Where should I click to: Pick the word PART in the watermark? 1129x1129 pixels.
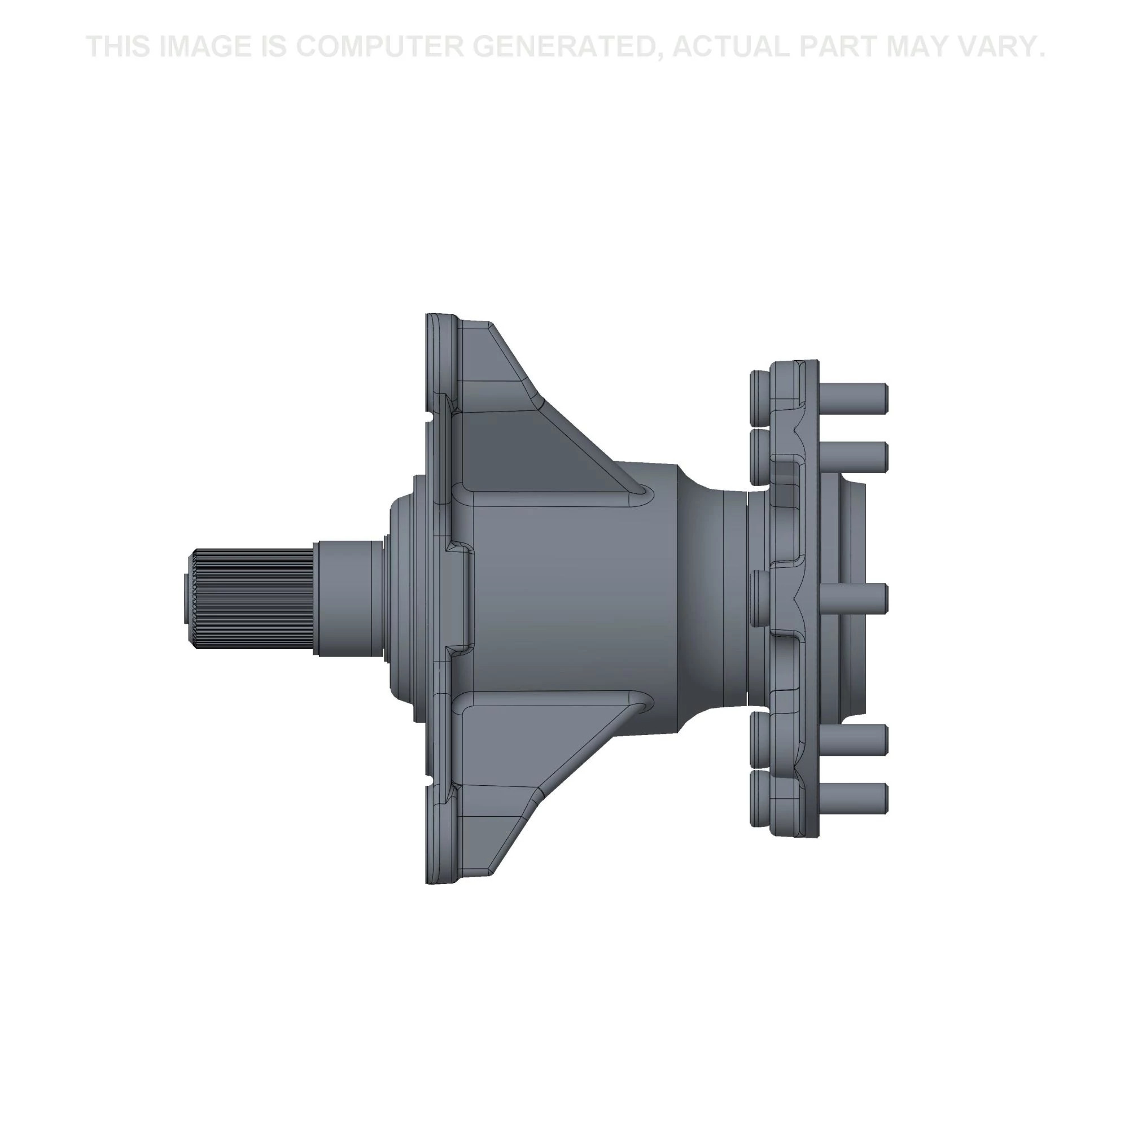[x=837, y=47]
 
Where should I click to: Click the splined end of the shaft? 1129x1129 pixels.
[x=251, y=599]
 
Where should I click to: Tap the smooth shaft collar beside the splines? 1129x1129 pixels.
[x=348, y=598]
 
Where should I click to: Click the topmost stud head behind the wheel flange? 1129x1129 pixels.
[x=759, y=397]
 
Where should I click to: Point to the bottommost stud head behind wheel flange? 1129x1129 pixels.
[x=759, y=798]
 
